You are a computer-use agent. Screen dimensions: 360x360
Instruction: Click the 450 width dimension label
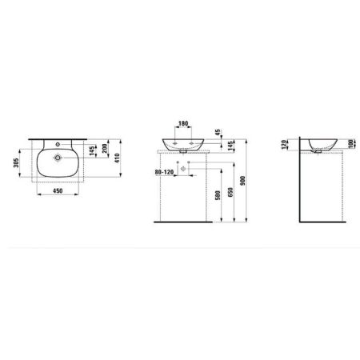(x=58, y=191)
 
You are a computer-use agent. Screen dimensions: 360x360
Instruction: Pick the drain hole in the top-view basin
(x=58, y=159)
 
